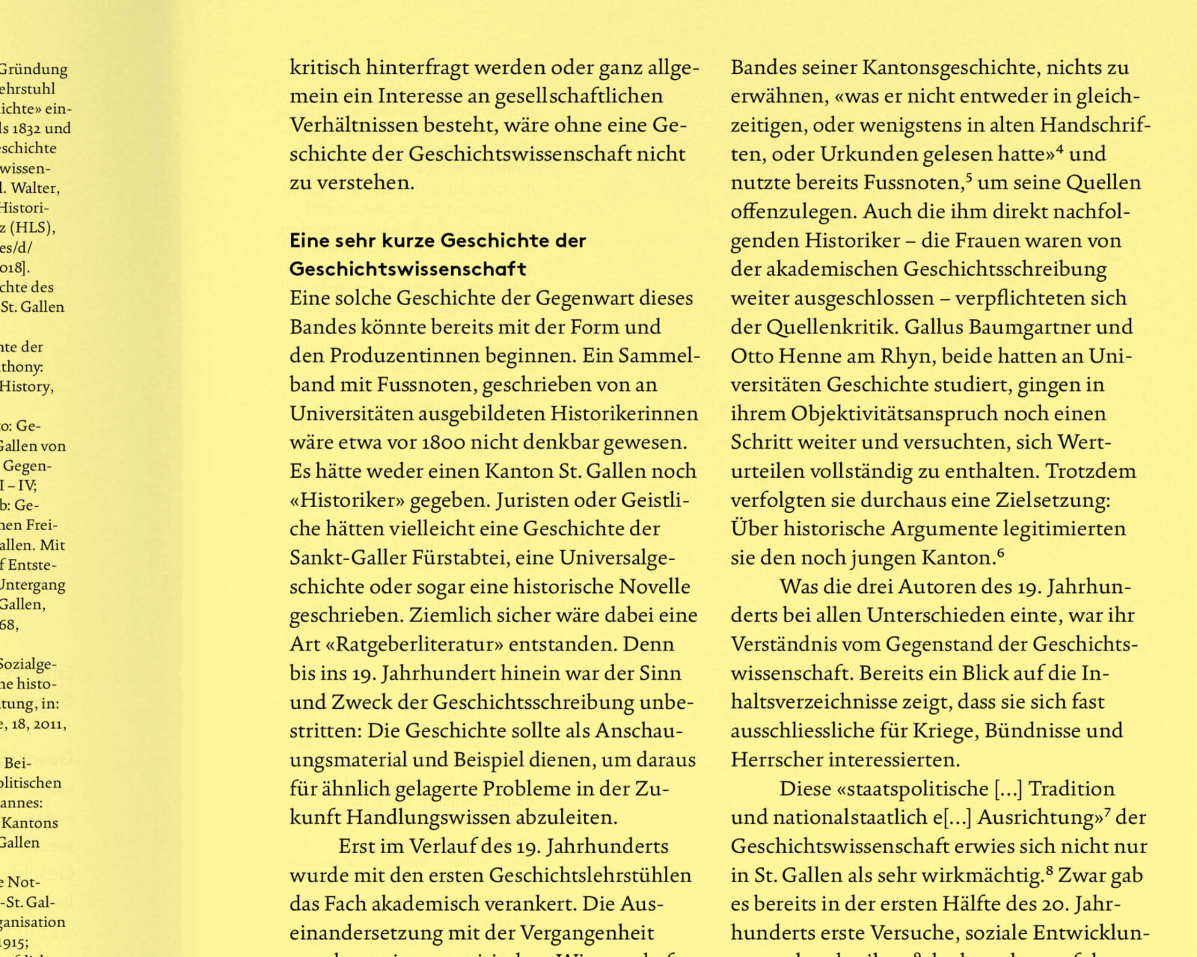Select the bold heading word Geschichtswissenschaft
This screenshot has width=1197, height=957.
point(408,269)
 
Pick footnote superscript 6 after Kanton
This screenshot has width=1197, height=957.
point(1000,554)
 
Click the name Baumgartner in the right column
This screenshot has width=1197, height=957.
point(1029,327)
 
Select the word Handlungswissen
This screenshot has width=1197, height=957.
point(423,817)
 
